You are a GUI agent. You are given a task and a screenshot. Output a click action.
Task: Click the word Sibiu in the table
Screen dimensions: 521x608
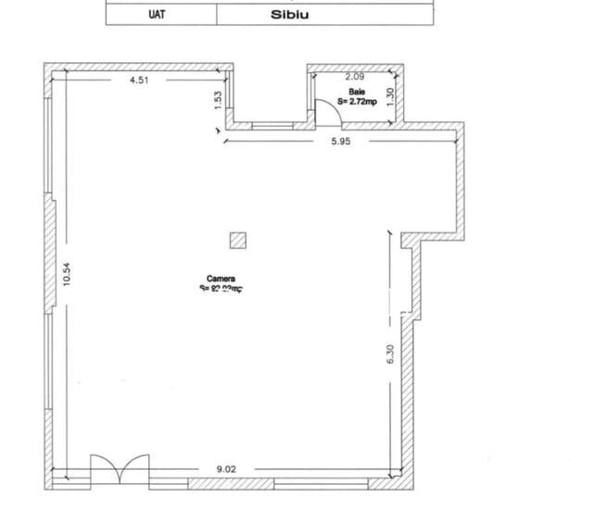coord(289,15)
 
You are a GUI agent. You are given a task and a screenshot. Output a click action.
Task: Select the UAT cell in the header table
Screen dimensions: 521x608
coord(157,15)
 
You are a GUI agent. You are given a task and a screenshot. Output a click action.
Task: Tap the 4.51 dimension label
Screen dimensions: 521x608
coord(140,81)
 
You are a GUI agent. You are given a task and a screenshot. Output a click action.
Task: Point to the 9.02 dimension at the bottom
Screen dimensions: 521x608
coord(226,469)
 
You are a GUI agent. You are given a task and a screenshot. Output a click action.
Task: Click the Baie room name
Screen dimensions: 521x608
coord(357,92)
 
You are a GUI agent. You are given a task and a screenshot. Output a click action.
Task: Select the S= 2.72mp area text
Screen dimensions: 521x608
coord(357,101)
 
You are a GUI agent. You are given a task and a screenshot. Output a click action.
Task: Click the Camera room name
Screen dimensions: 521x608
coord(221,279)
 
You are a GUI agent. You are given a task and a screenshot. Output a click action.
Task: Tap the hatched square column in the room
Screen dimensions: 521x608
coord(238,241)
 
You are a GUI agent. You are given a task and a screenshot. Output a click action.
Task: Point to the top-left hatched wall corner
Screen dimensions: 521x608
coord(48,68)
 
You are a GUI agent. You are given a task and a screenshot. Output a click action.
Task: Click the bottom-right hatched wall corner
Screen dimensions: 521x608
coord(409,483)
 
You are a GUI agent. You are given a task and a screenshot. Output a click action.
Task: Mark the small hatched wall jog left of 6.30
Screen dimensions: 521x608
coord(406,242)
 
